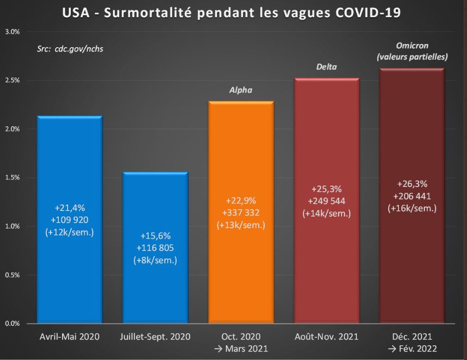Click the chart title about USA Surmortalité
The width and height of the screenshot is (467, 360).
pos(231,13)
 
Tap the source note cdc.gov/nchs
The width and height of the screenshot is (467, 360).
pos(70,48)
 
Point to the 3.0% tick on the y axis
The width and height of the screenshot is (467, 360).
pos(12,32)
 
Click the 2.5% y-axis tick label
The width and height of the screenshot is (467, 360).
pos(12,81)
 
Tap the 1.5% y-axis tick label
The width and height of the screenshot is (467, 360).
pos(12,178)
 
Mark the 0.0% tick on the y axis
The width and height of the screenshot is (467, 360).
pos(12,323)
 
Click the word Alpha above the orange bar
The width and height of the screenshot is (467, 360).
pos(241,90)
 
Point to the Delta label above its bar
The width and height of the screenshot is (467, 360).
pos(326,67)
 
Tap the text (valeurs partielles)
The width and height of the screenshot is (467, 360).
pos(412,57)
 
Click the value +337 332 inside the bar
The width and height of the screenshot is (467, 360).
pos(241,213)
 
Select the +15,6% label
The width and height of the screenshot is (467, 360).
pos(155,236)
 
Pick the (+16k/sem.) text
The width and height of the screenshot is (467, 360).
pos(412,208)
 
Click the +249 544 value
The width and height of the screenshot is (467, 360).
pos(327,201)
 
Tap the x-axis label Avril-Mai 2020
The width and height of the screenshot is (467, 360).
pos(69,336)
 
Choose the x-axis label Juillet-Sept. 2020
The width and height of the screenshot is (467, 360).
pos(155,336)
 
